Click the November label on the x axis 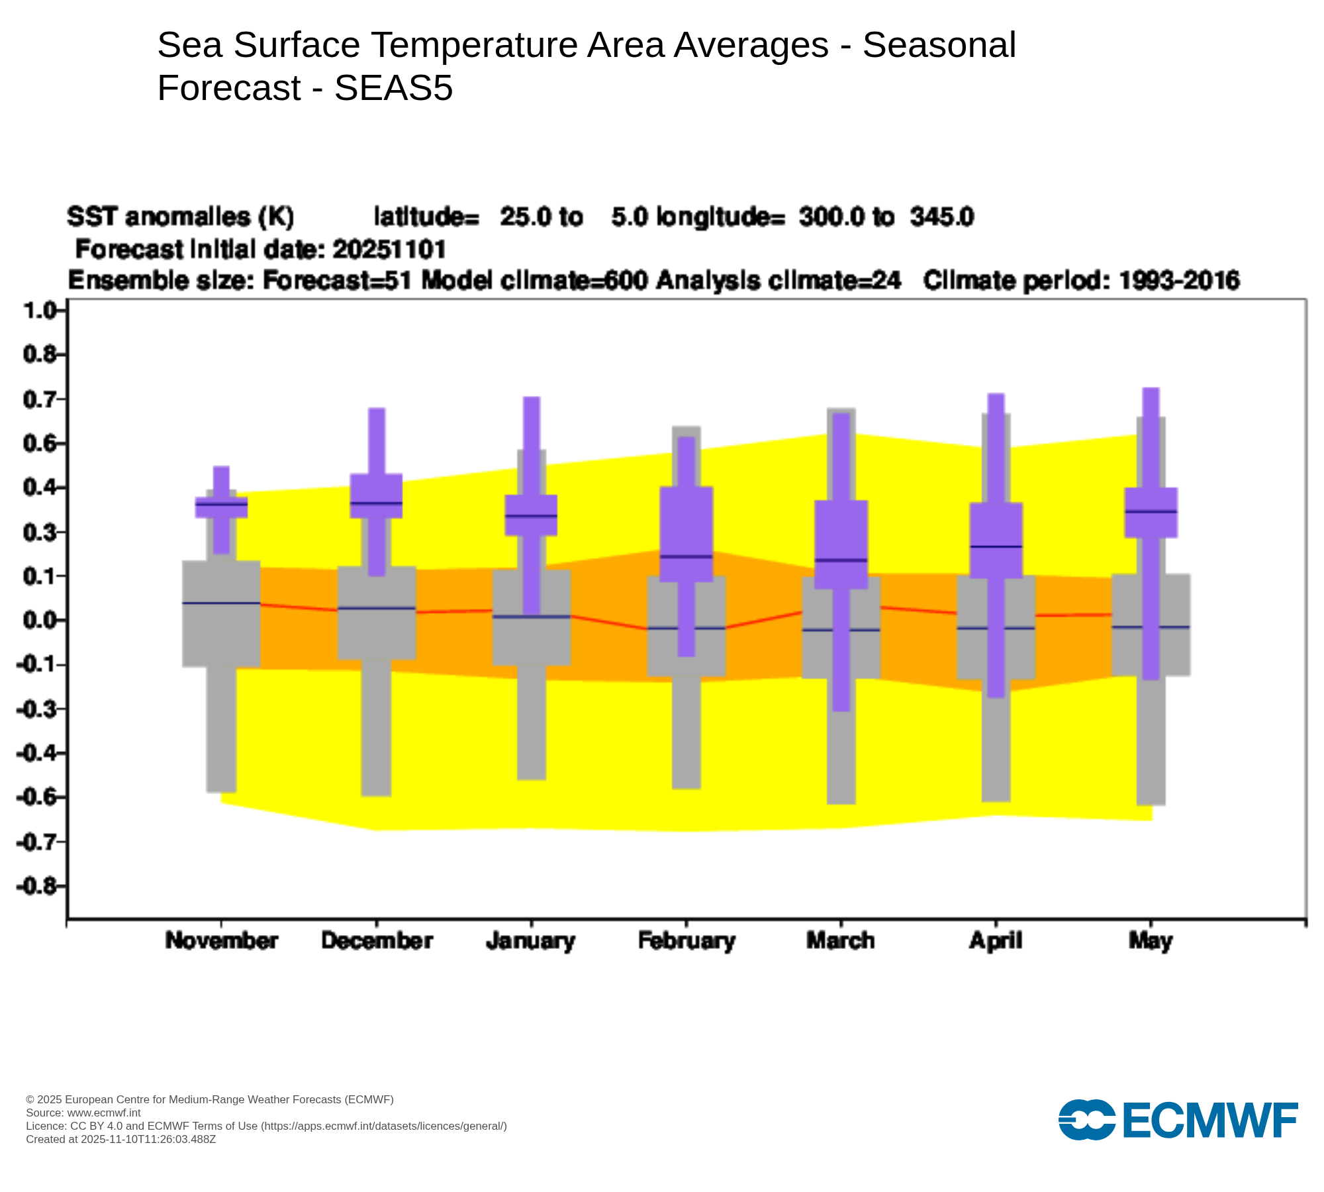click(221, 941)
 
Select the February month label click(686, 941)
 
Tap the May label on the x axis click(1151, 941)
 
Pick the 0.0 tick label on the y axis click(40, 621)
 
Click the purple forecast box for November click(221, 507)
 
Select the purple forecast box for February click(686, 534)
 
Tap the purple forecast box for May click(1151, 513)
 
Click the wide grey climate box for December click(377, 613)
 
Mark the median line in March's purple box click(841, 560)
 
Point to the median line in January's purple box click(531, 515)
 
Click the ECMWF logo click(1178, 1120)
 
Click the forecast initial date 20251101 click(389, 250)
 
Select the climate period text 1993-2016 click(1178, 281)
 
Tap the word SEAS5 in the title click(393, 88)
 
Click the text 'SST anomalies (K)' click(180, 217)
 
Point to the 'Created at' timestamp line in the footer click(121, 1140)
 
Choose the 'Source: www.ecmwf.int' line click(83, 1113)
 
